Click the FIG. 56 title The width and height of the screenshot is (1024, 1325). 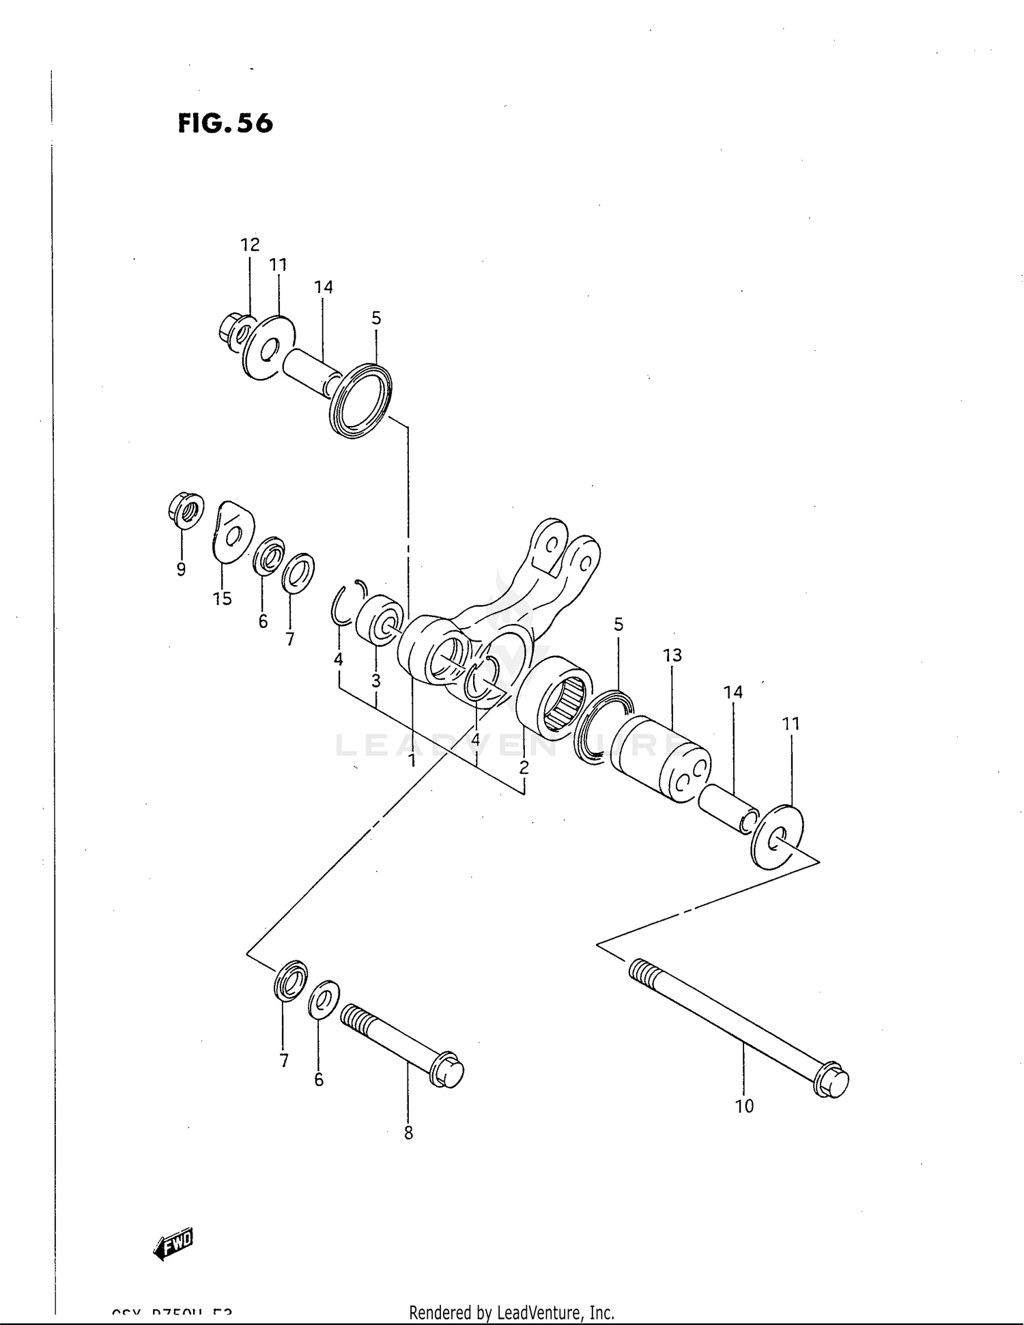225,123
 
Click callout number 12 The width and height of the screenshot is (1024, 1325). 250,244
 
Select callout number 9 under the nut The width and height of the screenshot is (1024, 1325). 181,569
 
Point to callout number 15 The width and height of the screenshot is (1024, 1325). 223,599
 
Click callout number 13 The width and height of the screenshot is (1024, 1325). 672,655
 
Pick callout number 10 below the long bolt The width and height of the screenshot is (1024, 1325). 744,1106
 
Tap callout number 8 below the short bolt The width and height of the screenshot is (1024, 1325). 408,1133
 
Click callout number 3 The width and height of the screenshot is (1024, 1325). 375,681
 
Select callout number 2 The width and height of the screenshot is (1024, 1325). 524,767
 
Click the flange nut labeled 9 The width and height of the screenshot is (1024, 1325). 185,510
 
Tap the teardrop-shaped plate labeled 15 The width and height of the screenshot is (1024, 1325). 231,531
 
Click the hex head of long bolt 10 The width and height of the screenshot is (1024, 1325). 832,1081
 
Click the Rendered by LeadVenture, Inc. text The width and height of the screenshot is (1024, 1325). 511,1312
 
